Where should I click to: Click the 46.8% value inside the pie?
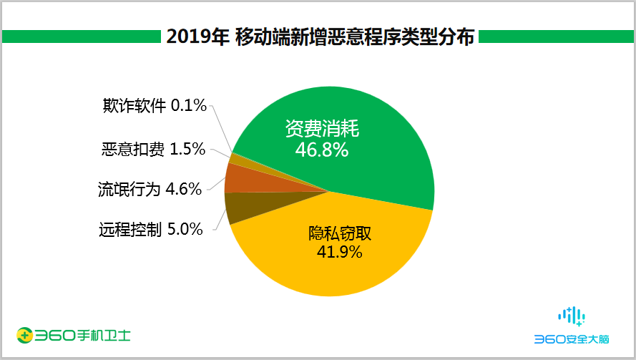pyautogui.click(x=321, y=150)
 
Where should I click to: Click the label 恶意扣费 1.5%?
pyautogui.click(x=153, y=150)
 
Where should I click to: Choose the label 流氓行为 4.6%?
pyautogui.click(x=150, y=190)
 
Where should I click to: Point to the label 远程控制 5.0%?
pyautogui.click(x=150, y=230)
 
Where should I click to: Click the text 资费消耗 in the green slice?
pyautogui.click(x=321, y=130)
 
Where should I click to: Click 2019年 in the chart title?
pyautogui.click(x=197, y=37)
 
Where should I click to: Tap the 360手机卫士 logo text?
pyautogui.click(x=83, y=335)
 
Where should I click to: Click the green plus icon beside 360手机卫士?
pyautogui.click(x=25, y=335)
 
